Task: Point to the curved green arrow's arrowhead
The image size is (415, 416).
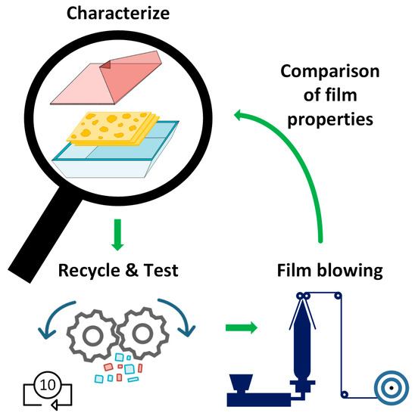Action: coord(241,116)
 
